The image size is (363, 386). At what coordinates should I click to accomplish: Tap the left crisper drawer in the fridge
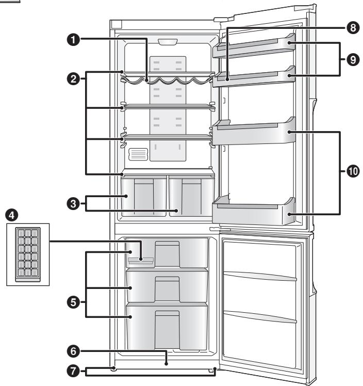[x=143, y=197]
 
